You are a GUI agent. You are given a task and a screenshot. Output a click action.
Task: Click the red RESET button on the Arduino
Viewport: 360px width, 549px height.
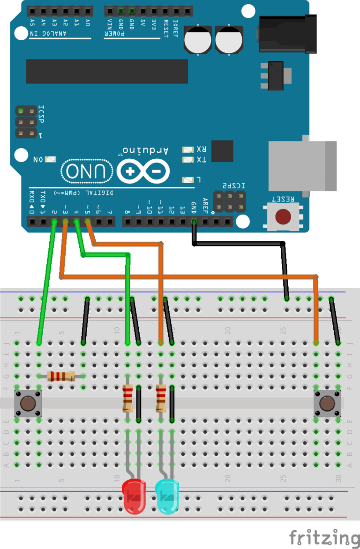(x=282, y=217)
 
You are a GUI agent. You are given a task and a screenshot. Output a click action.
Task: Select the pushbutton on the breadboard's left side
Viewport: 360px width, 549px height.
(x=28, y=403)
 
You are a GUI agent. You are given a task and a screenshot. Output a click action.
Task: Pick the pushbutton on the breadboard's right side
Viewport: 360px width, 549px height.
(x=327, y=403)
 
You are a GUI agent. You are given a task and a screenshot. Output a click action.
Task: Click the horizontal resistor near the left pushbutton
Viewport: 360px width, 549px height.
(x=61, y=376)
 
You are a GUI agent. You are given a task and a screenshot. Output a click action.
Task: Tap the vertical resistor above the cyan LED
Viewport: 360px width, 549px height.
(x=161, y=398)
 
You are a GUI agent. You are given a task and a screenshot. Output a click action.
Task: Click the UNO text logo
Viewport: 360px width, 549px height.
(x=87, y=171)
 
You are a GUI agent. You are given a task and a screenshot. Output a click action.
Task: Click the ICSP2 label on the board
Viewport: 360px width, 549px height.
(x=231, y=186)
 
